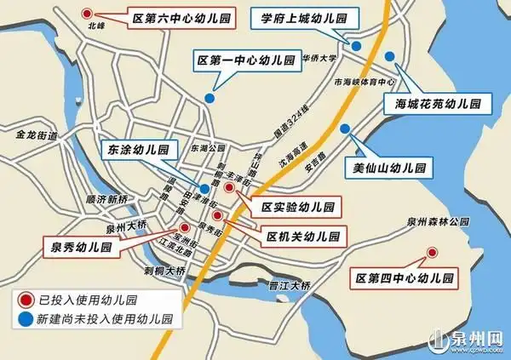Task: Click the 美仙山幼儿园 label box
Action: pos(388,166)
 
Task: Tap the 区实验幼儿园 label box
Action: pos(298,208)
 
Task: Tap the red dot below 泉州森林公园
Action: pos(432,252)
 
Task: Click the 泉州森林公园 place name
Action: pos(438,222)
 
